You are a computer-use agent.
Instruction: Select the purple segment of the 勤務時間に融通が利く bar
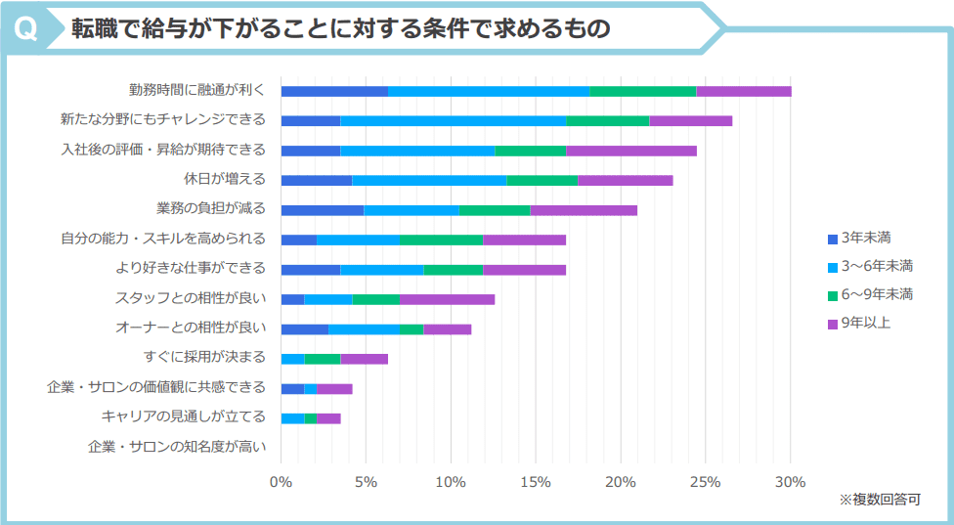pyautogui.click(x=743, y=91)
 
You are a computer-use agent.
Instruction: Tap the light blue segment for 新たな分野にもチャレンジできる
pyautogui.click(x=453, y=120)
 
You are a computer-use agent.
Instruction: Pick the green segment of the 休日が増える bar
pyautogui.click(x=542, y=180)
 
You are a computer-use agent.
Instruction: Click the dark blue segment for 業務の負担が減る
pyautogui.click(x=322, y=209)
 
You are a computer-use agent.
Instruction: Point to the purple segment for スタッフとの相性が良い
pyautogui.click(x=447, y=298)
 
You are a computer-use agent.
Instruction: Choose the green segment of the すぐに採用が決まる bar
pyautogui.click(x=322, y=358)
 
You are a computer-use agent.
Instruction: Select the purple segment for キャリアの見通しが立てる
pyautogui.click(x=327, y=417)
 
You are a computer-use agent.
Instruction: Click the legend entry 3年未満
pyautogui.click(x=864, y=238)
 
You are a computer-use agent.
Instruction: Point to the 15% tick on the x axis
pyautogui.click(x=535, y=481)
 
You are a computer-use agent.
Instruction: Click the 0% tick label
pyautogui.click(x=281, y=481)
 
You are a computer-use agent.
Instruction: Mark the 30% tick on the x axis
pyautogui.click(x=790, y=481)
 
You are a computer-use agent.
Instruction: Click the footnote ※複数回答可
pyautogui.click(x=880, y=500)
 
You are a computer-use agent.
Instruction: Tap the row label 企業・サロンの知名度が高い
pyautogui.click(x=176, y=447)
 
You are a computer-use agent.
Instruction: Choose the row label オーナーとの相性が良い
pyautogui.click(x=191, y=328)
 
